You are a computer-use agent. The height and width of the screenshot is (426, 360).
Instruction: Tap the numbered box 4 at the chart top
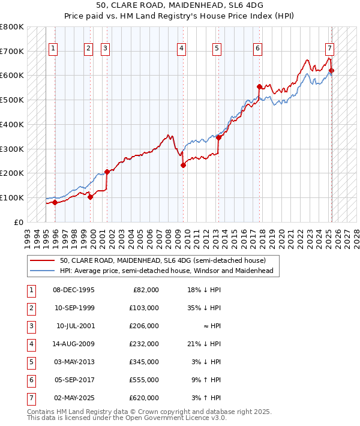click(181, 49)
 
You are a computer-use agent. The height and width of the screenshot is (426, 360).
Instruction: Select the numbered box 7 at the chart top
click(330, 49)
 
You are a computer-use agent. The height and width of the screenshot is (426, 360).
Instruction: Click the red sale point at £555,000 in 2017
click(259, 86)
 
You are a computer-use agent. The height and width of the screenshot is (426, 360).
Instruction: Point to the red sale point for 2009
click(183, 166)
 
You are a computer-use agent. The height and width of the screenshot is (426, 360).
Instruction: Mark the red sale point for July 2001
click(107, 172)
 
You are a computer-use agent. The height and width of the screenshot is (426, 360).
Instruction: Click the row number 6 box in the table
click(30, 380)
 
